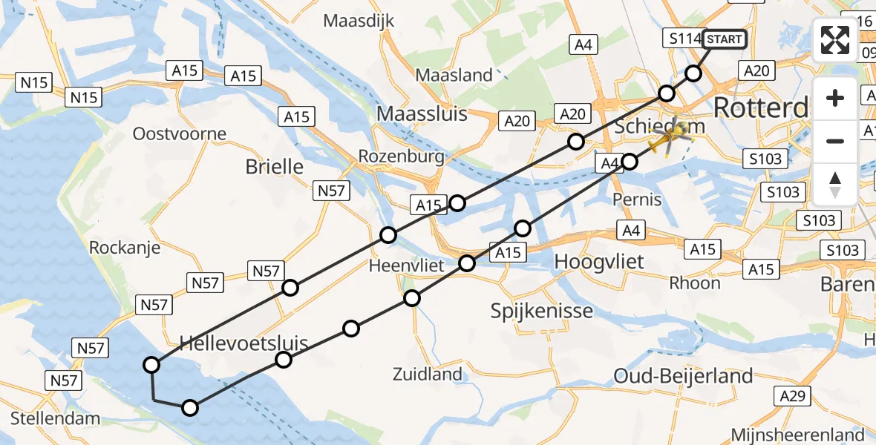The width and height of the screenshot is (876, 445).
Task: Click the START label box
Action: coord(723,39)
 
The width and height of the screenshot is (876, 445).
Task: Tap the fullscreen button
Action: coord(835,40)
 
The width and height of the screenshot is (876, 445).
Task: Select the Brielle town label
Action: coord(275,167)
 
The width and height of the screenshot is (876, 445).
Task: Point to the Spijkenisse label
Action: coord(542,311)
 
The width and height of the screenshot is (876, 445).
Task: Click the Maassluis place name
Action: coord(422,113)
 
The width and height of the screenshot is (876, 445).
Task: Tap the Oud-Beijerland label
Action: coord(683,377)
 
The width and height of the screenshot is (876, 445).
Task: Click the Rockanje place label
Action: coord(125,248)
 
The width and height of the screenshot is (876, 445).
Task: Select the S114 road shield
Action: coord(681,39)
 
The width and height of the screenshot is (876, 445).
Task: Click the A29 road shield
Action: coord(793,397)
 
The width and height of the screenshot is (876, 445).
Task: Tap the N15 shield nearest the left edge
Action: coord(34,82)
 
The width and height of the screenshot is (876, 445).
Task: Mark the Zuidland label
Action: coord(428,375)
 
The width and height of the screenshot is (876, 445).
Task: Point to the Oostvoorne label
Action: coord(179,134)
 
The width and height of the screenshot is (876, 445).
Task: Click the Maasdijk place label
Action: coord(359,20)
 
